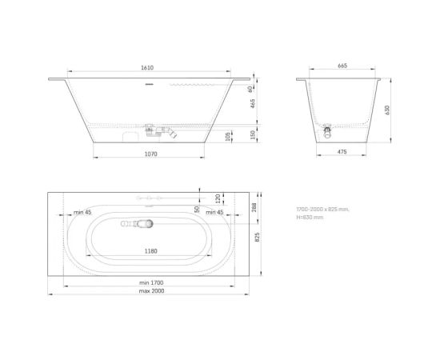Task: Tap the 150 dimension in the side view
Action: pyautogui.click(x=230, y=134)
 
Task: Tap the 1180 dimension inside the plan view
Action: pyautogui.click(x=150, y=250)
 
